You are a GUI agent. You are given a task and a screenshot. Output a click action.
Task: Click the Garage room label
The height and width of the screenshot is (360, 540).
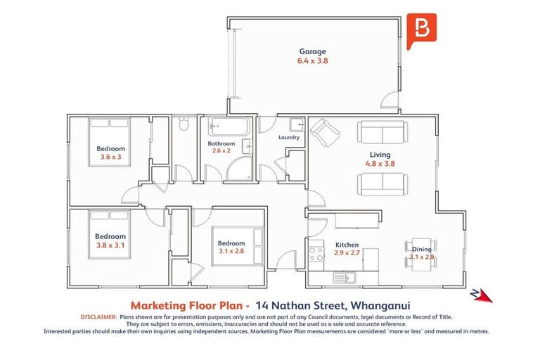point(313,51)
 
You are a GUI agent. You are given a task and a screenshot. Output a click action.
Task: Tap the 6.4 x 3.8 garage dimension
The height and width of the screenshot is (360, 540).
point(313,61)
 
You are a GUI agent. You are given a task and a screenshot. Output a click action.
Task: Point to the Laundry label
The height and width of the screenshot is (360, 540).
point(289,137)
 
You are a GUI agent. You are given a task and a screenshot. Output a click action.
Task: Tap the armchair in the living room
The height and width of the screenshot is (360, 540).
point(324,131)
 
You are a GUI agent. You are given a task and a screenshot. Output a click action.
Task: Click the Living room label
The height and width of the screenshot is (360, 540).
point(380,155)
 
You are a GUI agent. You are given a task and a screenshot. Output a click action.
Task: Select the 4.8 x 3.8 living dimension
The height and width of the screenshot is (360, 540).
point(380,164)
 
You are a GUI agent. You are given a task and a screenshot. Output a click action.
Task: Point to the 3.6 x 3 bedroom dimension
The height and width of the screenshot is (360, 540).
point(111,157)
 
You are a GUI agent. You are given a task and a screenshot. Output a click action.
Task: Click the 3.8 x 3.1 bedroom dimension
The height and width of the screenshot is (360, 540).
point(110,245)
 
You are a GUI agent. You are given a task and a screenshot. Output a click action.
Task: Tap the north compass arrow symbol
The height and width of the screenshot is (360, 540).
point(482,295)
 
